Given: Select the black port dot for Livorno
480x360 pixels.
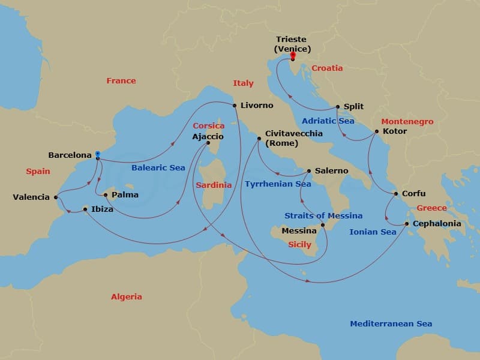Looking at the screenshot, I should click(234, 105).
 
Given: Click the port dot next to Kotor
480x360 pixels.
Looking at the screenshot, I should click(377, 131).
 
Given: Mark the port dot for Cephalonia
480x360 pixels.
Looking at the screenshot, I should click(407, 224).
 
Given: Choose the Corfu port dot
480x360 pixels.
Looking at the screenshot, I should click(395, 194).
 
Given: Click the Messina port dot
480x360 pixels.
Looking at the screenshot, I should click(323, 226).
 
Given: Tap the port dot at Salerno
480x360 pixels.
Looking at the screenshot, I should click(309, 171).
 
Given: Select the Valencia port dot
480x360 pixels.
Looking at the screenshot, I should click(56, 197).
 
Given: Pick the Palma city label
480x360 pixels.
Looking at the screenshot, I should click(125, 194).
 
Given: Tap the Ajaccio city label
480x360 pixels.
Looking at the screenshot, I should click(208, 137).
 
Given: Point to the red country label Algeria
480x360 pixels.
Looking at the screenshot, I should click(127, 296).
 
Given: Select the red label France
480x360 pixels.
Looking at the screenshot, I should click(121, 80).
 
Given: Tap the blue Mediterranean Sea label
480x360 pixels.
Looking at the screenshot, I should click(391, 323).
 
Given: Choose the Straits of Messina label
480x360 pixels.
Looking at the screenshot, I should click(323, 215).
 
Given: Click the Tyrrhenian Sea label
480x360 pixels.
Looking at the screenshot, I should click(278, 184).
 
